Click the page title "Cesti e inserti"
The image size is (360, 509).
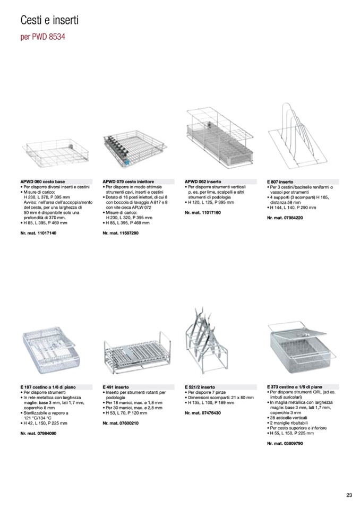[x=49, y=21]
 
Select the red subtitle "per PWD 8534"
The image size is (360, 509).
[x=43, y=38]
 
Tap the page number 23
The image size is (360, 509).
[x=349, y=495]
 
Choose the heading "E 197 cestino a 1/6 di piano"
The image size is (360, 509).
[x=49, y=387]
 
